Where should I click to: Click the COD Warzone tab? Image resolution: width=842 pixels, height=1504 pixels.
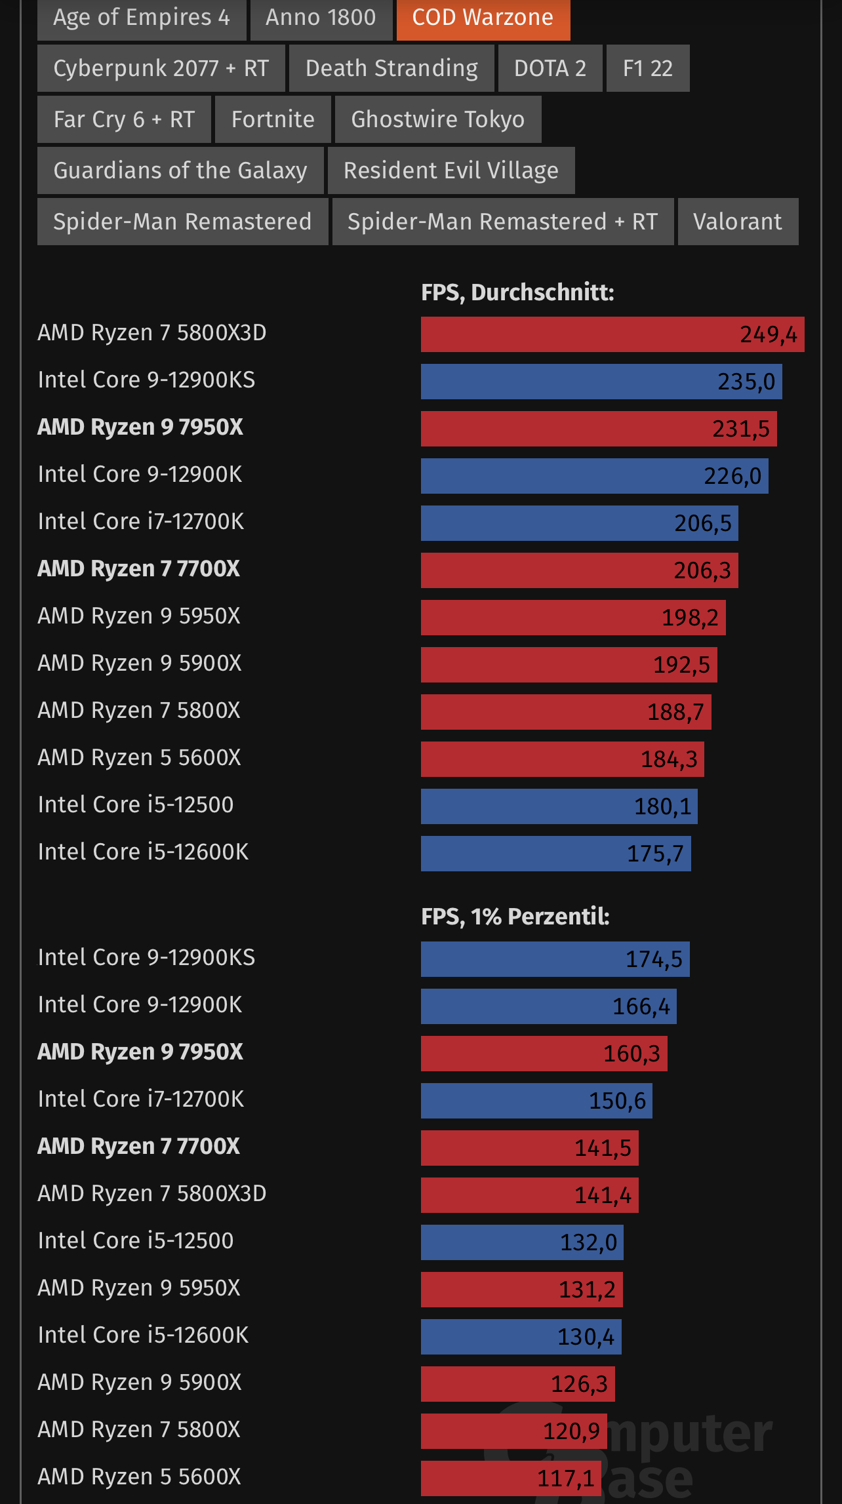(x=483, y=18)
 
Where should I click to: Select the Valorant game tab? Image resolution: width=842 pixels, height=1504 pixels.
(x=738, y=222)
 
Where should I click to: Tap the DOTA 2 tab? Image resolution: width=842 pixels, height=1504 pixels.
(x=550, y=68)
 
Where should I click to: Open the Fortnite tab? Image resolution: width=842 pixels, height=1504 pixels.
(x=273, y=119)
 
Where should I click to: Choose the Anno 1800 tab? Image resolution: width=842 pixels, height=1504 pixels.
(x=321, y=18)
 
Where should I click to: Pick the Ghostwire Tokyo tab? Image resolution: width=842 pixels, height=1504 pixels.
(x=437, y=119)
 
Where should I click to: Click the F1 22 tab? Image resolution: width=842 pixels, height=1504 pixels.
(x=647, y=68)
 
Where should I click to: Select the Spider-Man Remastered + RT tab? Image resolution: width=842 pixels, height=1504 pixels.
(x=502, y=222)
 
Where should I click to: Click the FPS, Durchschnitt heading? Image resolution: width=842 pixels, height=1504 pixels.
(x=517, y=292)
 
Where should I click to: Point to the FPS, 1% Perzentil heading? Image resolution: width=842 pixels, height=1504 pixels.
(x=515, y=917)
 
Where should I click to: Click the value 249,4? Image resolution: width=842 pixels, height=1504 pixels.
(x=768, y=335)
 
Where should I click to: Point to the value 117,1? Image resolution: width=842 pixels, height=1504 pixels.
(x=565, y=1478)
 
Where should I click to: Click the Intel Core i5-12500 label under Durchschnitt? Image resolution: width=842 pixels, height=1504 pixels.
(x=136, y=804)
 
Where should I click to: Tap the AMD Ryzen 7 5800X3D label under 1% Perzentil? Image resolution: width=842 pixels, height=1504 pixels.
(x=152, y=1193)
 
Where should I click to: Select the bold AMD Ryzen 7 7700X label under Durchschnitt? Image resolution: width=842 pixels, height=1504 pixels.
(x=138, y=568)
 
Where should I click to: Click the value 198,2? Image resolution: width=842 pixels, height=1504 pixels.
(x=690, y=618)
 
